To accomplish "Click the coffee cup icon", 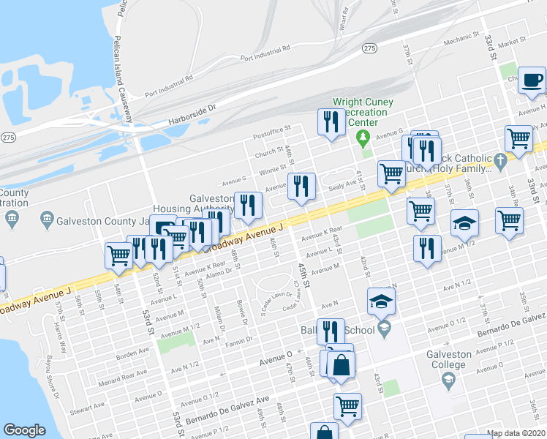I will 532,80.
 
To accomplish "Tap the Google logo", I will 24,430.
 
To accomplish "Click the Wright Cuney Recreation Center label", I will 363,112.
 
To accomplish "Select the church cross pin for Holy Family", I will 500,160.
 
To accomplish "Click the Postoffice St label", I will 271,132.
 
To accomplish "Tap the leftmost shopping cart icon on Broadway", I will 118,255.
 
